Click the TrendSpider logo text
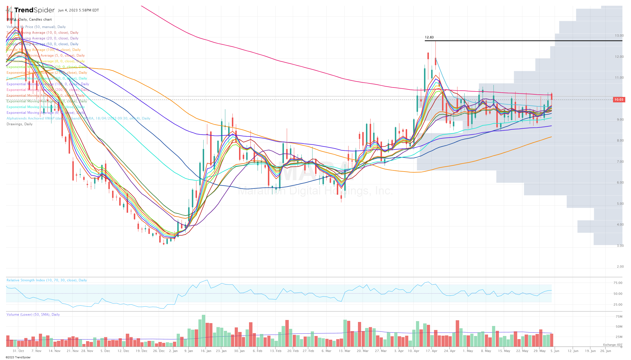click(x=34, y=10)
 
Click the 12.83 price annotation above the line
click(x=429, y=37)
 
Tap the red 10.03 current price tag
click(x=619, y=100)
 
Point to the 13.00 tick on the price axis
click(x=619, y=35)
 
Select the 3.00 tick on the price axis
click(x=620, y=246)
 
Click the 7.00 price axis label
click(x=620, y=162)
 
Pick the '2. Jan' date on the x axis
click(x=173, y=351)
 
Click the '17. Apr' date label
click(x=432, y=351)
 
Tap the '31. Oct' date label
click(x=18, y=351)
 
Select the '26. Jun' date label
click(x=606, y=351)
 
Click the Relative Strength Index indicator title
click(x=47, y=280)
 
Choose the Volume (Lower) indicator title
click(x=33, y=315)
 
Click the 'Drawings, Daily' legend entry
click(x=19, y=124)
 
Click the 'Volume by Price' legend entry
click(x=36, y=27)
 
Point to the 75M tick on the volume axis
click(x=619, y=317)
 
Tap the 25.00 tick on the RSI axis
click(x=618, y=305)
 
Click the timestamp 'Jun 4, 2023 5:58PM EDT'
click(x=78, y=10)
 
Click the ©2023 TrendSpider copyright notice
click(x=18, y=357)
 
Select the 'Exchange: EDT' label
click(x=613, y=345)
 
